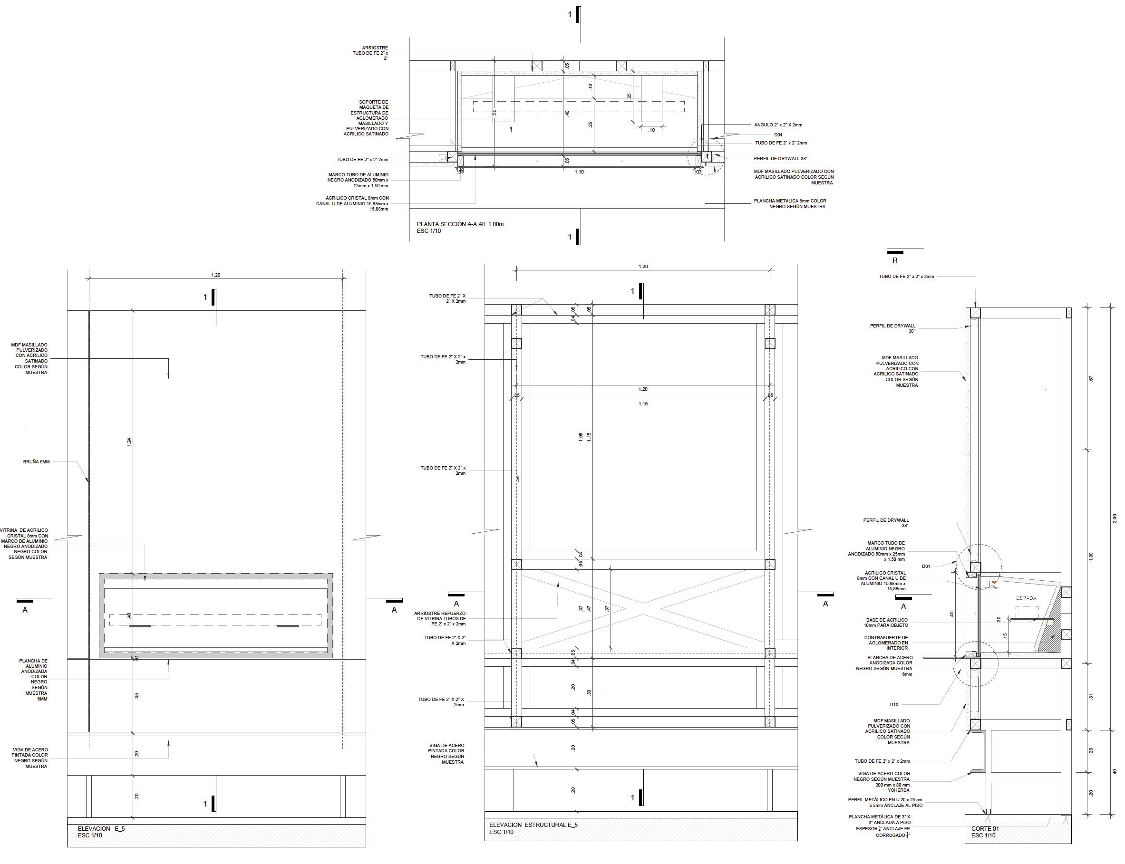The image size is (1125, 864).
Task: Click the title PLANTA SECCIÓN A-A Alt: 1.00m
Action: pyautogui.click(x=460, y=224)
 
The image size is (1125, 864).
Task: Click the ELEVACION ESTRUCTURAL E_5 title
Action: pyautogui.click(x=533, y=825)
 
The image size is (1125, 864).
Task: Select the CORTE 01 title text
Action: pyautogui.click(x=985, y=828)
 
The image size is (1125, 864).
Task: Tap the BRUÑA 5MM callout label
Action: pyautogui.click(x=37, y=462)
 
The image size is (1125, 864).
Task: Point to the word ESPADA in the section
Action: pyautogui.click(x=1026, y=598)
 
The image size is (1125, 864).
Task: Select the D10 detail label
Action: pyautogui.click(x=893, y=705)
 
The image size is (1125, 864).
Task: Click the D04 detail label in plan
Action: pyautogui.click(x=778, y=135)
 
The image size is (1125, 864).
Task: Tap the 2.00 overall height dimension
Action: pyautogui.click(x=1114, y=518)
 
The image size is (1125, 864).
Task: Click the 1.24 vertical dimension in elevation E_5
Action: pyautogui.click(x=129, y=441)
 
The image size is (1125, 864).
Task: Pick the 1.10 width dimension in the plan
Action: pyautogui.click(x=579, y=172)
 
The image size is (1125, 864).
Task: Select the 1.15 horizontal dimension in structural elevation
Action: pyautogui.click(x=643, y=403)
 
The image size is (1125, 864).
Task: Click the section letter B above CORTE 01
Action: pyautogui.click(x=894, y=261)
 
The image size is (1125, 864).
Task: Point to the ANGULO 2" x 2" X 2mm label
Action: pyautogui.click(x=778, y=125)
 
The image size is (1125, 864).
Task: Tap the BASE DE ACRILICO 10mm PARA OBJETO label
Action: pyautogui.click(x=886, y=622)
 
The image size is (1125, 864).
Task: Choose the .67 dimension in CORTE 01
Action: pyautogui.click(x=1091, y=378)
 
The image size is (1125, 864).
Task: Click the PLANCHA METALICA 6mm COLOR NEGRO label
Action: pyautogui.click(x=790, y=204)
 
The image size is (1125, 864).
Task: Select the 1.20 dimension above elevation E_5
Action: pyautogui.click(x=215, y=275)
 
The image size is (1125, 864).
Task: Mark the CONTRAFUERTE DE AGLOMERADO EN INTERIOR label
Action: pyautogui.click(x=886, y=643)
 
